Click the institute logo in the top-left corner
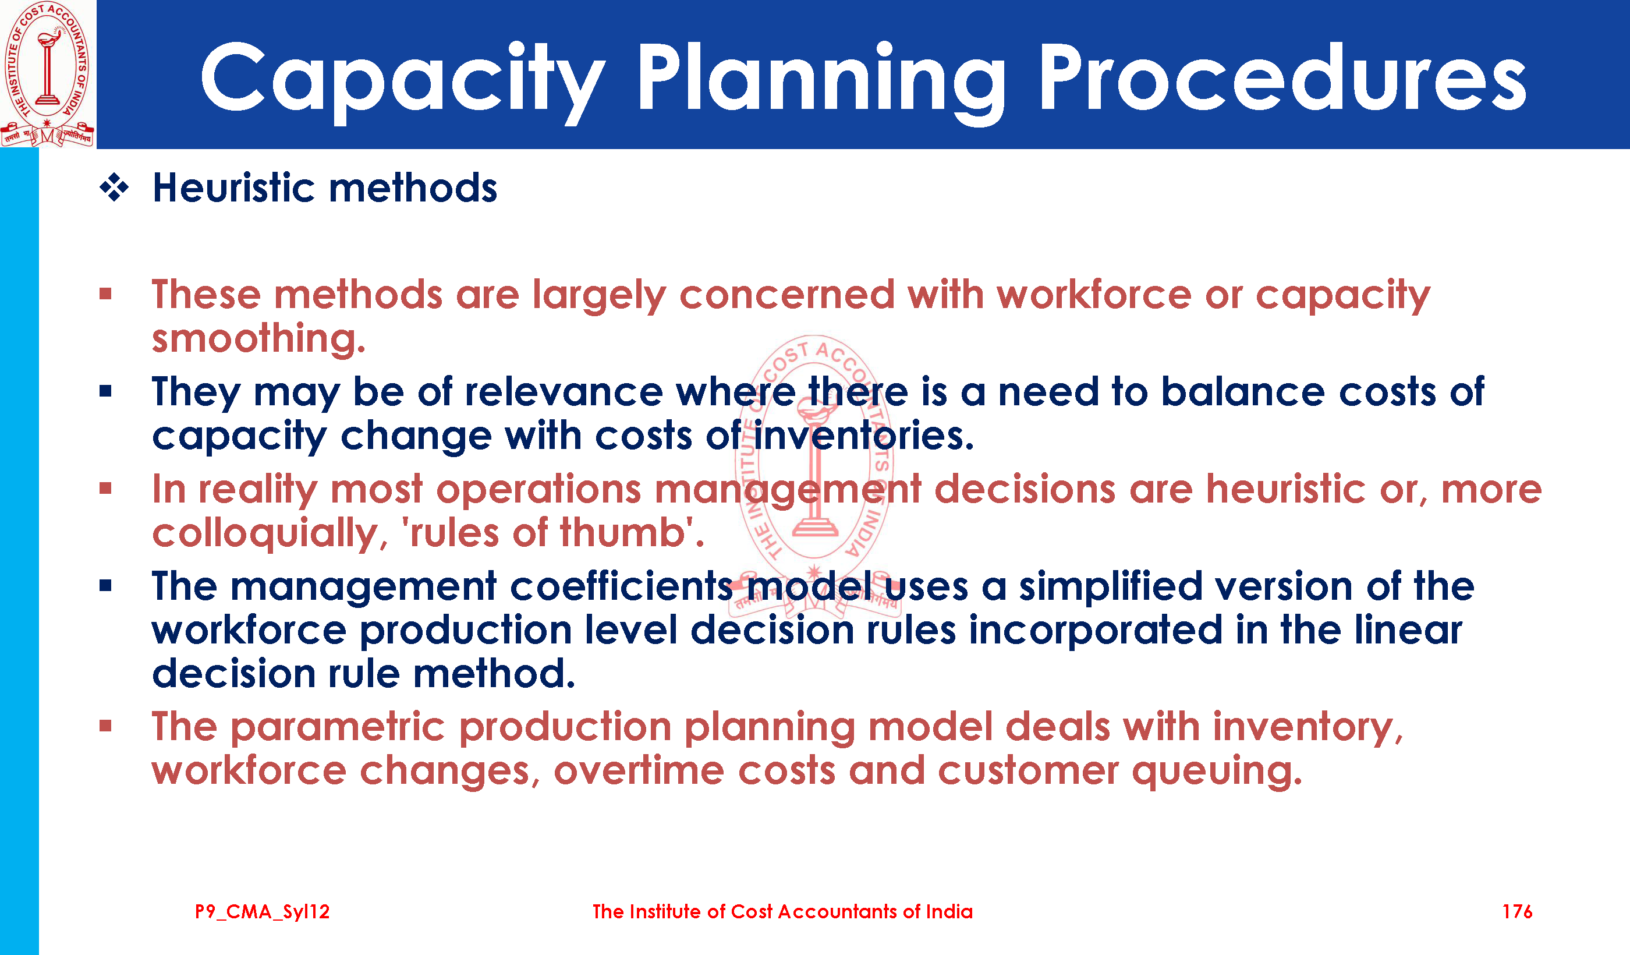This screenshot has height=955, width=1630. pyautogui.click(x=48, y=74)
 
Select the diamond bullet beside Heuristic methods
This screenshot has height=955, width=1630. pyautogui.click(x=114, y=188)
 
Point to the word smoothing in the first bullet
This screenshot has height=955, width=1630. pyautogui.click(x=258, y=339)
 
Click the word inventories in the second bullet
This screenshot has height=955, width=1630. pyautogui.click(x=863, y=436)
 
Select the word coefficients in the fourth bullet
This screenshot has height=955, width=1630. pyautogui.click(x=622, y=586)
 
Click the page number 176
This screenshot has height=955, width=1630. pyautogui.click(x=1517, y=912)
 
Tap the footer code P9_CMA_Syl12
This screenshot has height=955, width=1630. pyautogui.click(x=262, y=912)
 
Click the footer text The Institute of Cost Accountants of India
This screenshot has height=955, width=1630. pyautogui.click(x=782, y=912)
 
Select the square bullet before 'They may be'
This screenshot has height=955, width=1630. pyautogui.click(x=106, y=391)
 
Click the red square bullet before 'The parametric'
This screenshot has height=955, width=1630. pyautogui.click(x=106, y=726)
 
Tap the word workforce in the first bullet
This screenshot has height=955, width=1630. pyautogui.click(x=1094, y=295)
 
